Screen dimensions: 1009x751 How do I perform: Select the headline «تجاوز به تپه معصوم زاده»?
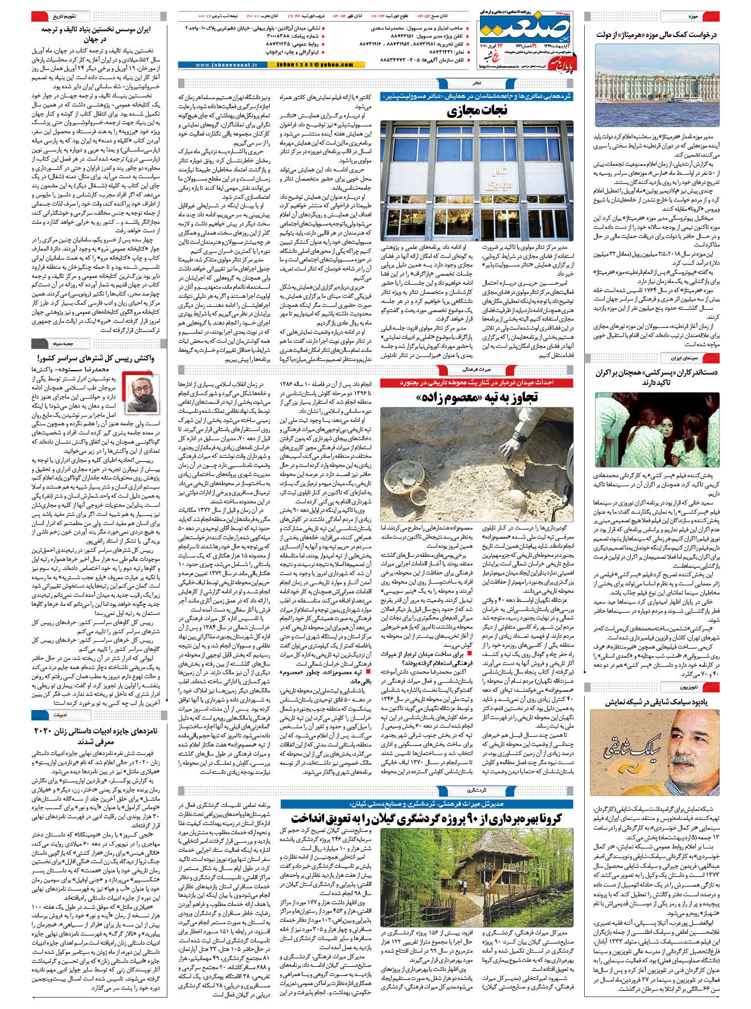click(x=477, y=397)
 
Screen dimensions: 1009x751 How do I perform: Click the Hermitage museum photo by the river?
click(x=656, y=85)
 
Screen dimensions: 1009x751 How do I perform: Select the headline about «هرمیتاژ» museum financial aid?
click(x=656, y=35)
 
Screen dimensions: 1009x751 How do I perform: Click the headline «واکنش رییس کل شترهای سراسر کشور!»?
click(x=96, y=358)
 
